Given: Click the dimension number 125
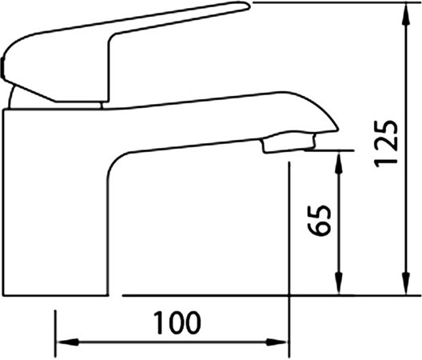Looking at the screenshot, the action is [386, 143].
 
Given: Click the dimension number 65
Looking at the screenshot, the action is [319, 221].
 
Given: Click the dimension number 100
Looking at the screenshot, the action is [177, 322].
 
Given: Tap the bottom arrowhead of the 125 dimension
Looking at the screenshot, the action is [405, 283].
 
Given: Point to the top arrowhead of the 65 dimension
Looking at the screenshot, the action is [339, 163].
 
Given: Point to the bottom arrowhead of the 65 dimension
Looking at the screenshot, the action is [339, 283].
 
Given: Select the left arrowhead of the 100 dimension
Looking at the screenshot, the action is [68, 342].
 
